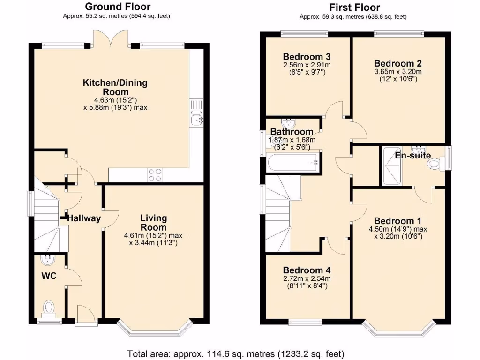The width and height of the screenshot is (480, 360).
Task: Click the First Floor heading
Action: pos(354,7)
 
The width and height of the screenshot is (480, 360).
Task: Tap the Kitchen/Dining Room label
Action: pos(115,87)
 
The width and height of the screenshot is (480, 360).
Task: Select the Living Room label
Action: pos(153,223)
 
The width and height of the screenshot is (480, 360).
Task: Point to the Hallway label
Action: pos(84,218)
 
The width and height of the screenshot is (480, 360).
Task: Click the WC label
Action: pos(49,276)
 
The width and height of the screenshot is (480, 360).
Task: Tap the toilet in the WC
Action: pos(49,307)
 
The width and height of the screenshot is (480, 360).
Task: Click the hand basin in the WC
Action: pos(48,260)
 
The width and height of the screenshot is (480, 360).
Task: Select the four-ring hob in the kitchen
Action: pos(155,174)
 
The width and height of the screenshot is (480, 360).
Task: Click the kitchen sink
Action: pos(196,120)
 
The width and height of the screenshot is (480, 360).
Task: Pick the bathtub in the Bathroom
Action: pos(293,163)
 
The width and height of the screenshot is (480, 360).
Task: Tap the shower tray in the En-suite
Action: pos(391,166)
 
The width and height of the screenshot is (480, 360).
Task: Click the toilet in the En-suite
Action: pos(435,164)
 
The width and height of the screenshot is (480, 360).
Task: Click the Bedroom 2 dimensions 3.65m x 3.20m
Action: pos(398,72)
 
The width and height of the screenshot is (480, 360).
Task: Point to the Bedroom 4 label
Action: pos(307,270)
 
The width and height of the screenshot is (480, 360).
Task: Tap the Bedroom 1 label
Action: pos(397,221)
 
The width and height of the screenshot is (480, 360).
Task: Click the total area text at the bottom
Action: pos(236,353)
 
